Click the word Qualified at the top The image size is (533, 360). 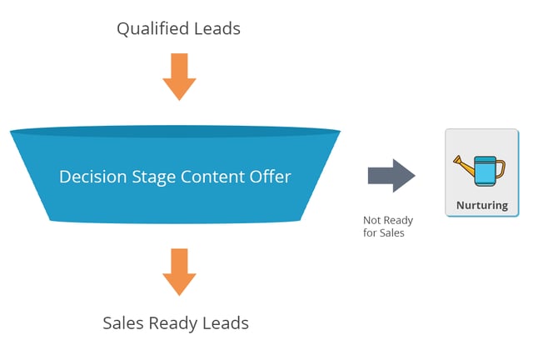pos(152,29)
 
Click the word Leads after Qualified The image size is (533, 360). pos(217,28)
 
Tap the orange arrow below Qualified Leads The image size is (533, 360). pos(179,77)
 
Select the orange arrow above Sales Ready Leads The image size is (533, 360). pos(179,272)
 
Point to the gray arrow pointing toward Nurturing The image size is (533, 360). pos(391,176)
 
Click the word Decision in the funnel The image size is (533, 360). pos(92,177)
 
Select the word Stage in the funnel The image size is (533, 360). pos(153,177)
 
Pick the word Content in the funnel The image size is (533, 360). pos(212,177)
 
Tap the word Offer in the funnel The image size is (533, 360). pos(270,177)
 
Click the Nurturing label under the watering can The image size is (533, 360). pos(482,205)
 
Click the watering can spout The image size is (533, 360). pos(464,166)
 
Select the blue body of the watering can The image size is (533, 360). pos(485,172)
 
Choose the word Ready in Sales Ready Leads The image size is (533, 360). pos(172,323)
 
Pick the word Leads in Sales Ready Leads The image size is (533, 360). pos(226,322)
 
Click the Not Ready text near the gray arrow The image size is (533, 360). pos(388,221)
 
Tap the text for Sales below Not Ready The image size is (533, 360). pos(383,232)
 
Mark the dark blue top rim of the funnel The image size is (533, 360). pos(175,132)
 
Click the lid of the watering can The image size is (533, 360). pos(485,158)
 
